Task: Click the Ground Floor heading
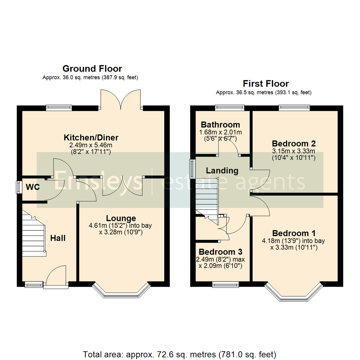[x=92, y=69]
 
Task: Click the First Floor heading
[x=266, y=84]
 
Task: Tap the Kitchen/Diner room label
[x=91, y=138]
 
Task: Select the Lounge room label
[x=121, y=218]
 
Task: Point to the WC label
[x=33, y=187]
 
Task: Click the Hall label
[x=58, y=238]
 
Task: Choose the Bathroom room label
[x=220, y=125]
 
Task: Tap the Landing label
[x=222, y=171]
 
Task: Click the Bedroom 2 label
[x=294, y=143]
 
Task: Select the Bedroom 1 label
[x=294, y=233]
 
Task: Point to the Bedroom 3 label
[x=220, y=252]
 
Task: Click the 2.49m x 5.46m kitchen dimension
[x=91, y=145]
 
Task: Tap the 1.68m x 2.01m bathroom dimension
[x=220, y=132]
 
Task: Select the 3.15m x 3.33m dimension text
[x=294, y=151]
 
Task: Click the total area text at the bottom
[x=179, y=354]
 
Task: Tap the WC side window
[x=18, y=187]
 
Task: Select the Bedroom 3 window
[x=225, y=285]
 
